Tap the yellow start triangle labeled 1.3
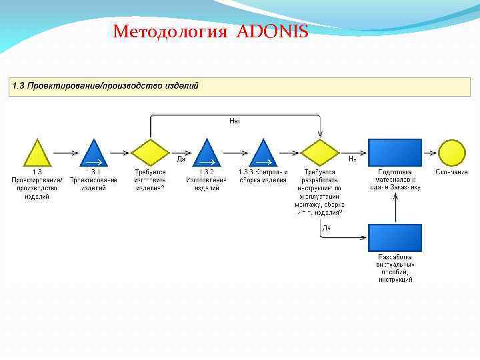click(x=37, y=154)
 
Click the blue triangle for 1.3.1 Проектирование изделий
click(x=93, y=154)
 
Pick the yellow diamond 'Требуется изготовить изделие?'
click(x=150, y=153)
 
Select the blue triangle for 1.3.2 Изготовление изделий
click(x=207, y=154)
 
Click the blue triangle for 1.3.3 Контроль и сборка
click(x=264, y=154)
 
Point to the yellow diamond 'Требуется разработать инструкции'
click(x=320, y=153)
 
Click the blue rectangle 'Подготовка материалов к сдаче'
click(x=395, y=152)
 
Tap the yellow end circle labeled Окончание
click(x=452, y=153)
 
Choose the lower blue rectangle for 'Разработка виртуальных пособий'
click(x=395, y=238)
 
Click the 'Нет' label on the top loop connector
click(x=235, y=121)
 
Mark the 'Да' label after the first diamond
click(x=181, y=159)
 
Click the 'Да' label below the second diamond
click(x=326, y=228)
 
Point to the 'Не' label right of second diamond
click(x=353, y=159)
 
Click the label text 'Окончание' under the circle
click(x=452, y=172)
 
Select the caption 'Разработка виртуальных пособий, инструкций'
click(x=395, y=268)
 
